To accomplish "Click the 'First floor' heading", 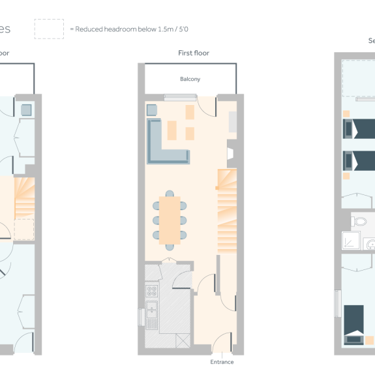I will [193, 53].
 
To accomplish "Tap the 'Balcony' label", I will [190, 79].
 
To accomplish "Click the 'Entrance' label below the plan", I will [222, 362].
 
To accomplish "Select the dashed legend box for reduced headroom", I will [49, 29].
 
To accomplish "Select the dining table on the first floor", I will [170, 220].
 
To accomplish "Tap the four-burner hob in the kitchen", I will [151, 290].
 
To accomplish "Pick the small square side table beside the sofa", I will [152, 110].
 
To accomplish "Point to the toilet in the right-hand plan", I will [359, 222].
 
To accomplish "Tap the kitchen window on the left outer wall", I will [140, 316].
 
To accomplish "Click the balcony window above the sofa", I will [175, 98].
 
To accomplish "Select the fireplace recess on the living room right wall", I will [230, 154].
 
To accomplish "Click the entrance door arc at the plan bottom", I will [222, 342].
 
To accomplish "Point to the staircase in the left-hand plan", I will [23, 199].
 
